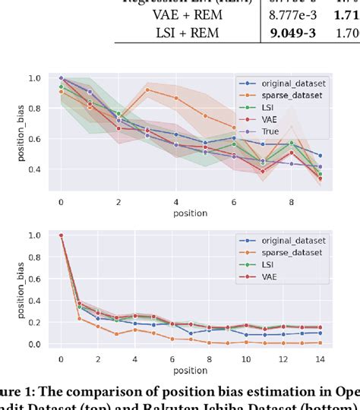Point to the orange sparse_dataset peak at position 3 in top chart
(147, 90)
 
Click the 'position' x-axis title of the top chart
(191, 213)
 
